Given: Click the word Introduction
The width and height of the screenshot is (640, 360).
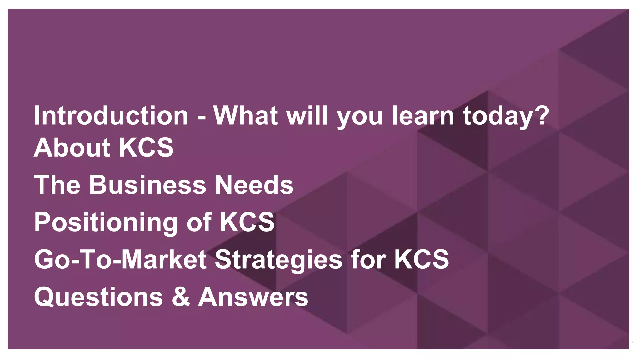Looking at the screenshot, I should coord(111,116).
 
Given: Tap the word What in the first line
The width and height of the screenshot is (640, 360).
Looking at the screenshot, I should coord(245,116).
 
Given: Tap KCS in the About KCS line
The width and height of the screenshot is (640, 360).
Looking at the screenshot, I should coord(146,147).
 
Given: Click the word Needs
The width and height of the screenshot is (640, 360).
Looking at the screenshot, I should coord(254,185).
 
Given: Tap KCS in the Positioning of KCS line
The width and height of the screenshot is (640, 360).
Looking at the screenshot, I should coord(247,222).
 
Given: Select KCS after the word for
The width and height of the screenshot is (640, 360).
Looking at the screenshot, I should coord(421,259).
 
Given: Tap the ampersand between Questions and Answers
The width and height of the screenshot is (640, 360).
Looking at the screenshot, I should coord(181,297).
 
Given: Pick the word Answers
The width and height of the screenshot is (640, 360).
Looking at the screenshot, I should coord(253,297).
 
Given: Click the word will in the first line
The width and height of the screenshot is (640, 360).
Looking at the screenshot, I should coord(307,116).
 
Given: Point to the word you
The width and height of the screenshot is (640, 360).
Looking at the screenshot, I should coord(360,117).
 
